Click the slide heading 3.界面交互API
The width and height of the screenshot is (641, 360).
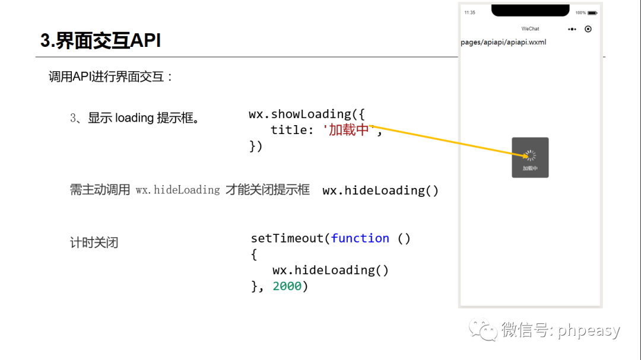[x=100, y=40]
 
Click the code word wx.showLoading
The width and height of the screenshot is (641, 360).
[x=300, y=114]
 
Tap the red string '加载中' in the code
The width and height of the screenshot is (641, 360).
[x=349, y=130]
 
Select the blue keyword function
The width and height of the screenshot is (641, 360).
[x=360, y=238]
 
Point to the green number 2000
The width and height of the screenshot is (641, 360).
[x=287, y=286]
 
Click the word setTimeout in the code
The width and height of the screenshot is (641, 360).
[x=287, y=238]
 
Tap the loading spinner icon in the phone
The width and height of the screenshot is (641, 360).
[x=530, y=155]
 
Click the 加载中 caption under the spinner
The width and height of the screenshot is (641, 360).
[x=530, y=168]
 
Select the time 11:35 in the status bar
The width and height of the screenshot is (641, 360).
[x=469, y=12]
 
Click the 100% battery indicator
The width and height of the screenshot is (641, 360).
[x=581, y=12]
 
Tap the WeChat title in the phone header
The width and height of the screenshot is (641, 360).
[x=530, y=28]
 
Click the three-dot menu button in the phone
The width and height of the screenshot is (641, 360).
[x=572, y=28]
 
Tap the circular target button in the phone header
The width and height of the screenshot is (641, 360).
[x=588, y=28]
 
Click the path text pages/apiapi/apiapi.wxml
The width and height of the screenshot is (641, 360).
[x=503, y=42]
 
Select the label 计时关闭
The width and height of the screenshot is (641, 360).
[x=94, y=243]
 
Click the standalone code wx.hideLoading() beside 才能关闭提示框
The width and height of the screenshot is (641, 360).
[x=380, y=190]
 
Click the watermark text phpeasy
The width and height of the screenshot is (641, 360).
[x=589, y=330]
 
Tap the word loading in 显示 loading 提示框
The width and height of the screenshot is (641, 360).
[x=135, y=118]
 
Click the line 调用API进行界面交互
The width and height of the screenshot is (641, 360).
[x=110, y=77]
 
